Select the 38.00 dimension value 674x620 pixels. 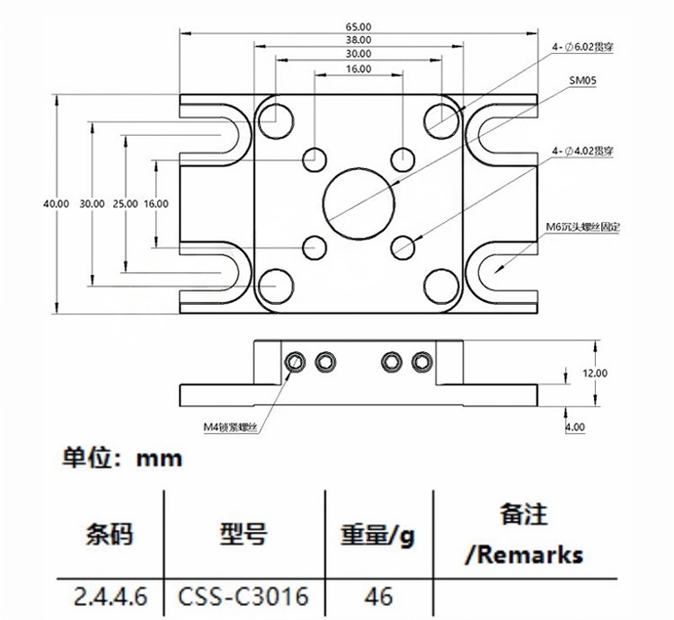tap(358, 40)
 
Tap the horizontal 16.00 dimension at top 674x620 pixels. tap(358, 69)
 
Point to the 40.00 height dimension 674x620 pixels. tap(56, 204)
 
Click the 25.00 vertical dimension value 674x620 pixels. tap(125, 204)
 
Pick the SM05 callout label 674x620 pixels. tap(584, 81)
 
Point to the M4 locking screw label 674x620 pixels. tap(231, 427)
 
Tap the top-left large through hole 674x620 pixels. tap(276, 118)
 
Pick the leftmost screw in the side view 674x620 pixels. tap(294, 361)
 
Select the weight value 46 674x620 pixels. tap(378, 596)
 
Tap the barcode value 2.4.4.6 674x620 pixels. tap(111, 596)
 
